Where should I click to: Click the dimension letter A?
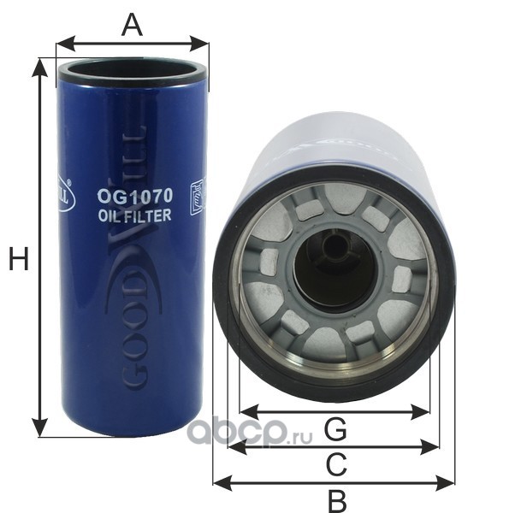pyautogui.click(x=131, y=24)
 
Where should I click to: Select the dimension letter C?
pyautogui.click(x=336, y=464)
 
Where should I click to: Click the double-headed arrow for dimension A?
pyautogui.click(x=132, y=42)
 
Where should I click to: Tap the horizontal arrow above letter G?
pyautogui.click(x=334, y=411)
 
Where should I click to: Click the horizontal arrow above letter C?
pyautogui.click(x=334, y=446)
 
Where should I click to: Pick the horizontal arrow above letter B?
pyautogui.click(x=334, y=483)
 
